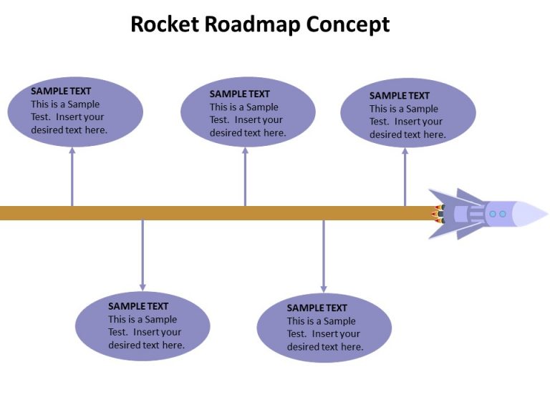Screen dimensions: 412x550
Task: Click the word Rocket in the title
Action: pyautogui.click(x=165, y=24)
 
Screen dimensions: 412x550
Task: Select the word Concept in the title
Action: pyautogui.click(x=348, y=24)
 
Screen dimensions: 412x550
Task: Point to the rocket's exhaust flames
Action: pyautogui.click(x=436, y=213)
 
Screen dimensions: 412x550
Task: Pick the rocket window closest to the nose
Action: pyautogui.click(x=503, y=214)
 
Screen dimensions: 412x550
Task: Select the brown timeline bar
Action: pyautogui.click(x=215, y=213)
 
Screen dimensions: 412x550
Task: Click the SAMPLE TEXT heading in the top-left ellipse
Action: pyautogui.click(x=61, y=91)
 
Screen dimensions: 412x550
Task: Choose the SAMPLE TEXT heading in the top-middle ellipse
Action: pyautogui.click(x=240, y=94)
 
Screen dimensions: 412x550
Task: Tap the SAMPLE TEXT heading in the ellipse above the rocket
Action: pyautogui.click(x=400, y=95)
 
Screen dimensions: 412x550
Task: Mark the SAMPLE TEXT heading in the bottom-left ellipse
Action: pyautogui.click(x=138, y=306)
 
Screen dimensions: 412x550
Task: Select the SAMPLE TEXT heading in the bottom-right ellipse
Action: pyautogui.click(x=317, y=308)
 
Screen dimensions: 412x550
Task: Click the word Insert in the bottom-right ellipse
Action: pyautogui.click(x=326, y=334)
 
